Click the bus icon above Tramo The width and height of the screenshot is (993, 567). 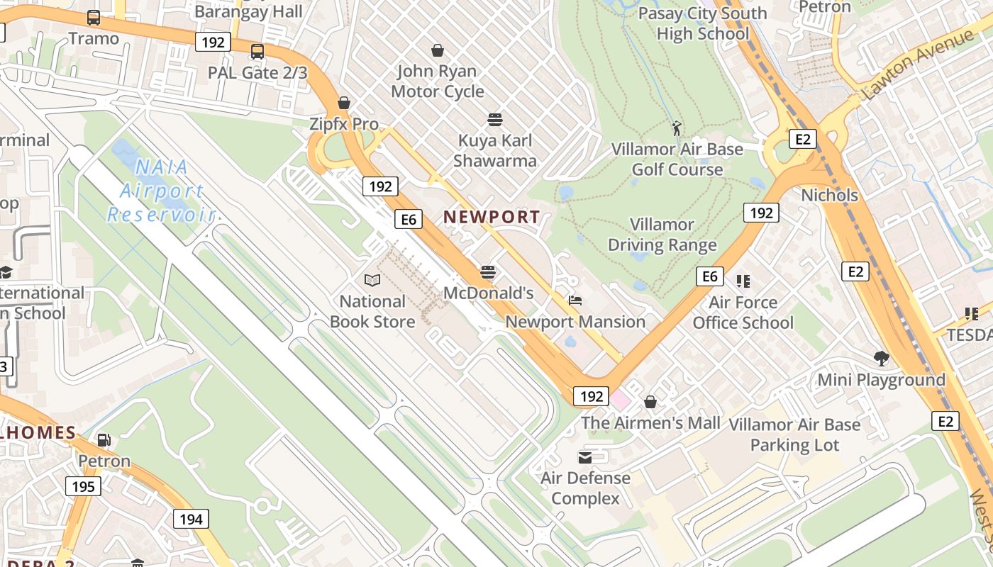coord(94,18)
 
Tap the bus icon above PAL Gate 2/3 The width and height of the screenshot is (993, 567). coord(257,52)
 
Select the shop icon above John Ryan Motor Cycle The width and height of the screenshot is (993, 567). coord(438,50)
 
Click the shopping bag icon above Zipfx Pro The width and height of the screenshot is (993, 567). coord(344,103)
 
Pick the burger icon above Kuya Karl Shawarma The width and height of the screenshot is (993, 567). coord(495,119)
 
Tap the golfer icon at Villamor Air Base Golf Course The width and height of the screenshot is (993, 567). coord(677,128)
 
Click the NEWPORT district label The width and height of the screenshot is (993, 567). coord(492,217)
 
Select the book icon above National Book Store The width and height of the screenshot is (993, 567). coord(372,280)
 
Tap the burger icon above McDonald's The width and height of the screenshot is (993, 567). coord(488,271)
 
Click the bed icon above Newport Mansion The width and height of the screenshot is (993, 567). coord(575,301)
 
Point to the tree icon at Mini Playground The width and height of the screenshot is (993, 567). coord(882,359)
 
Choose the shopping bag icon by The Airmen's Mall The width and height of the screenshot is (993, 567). coord(650,403)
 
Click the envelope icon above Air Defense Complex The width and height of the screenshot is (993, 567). coord(585,457)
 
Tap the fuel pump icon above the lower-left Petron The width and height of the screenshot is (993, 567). coord(104,440)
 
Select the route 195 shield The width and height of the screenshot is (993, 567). coord(83,486)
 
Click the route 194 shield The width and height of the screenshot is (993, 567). coord(191,519)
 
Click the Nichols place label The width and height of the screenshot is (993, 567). coord(829,195)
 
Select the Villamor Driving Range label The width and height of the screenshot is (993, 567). coord(662,235)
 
